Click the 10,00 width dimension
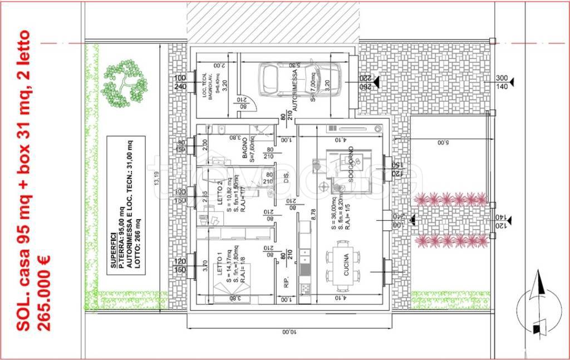[286, 332]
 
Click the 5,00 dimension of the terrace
[441, 142]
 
